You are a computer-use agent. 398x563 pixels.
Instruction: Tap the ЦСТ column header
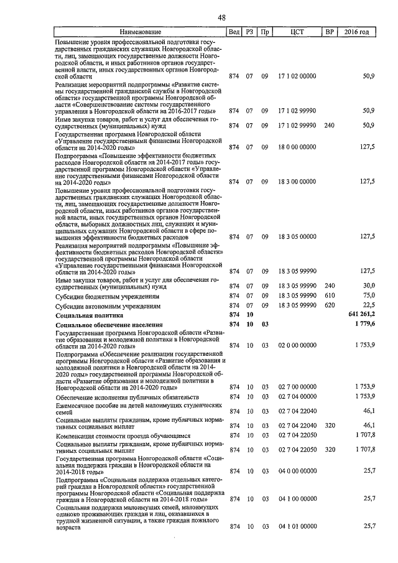coord(297,32)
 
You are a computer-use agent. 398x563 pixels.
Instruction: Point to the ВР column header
coord(330,32)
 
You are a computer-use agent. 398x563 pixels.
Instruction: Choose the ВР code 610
coord(330,295)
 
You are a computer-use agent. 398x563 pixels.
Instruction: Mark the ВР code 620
coord(330,305)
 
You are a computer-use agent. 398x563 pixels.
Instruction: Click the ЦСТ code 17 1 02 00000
coord(297,76)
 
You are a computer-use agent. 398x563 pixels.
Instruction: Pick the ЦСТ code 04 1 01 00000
coord(297,526)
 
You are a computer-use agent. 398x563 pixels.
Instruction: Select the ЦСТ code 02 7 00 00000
coord(297,387)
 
